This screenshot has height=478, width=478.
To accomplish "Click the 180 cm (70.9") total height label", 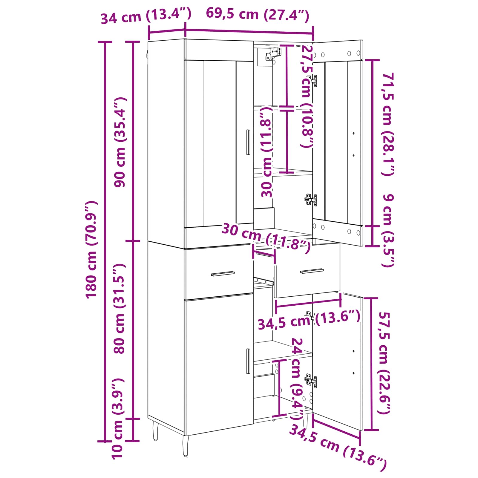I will coord(91,249).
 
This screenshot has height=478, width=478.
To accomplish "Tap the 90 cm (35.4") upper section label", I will coord(120,142).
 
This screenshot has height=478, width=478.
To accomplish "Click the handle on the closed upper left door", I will coord(248,142).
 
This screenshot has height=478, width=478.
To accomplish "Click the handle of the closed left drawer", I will coord(223,274).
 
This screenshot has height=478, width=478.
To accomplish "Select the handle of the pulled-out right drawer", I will coord(312,271).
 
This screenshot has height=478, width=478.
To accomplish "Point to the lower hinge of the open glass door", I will coord(311,200).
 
